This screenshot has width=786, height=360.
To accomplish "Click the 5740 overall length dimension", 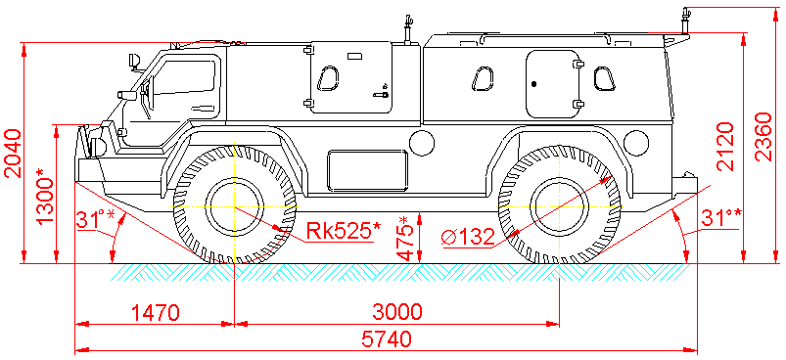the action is (x=386, y=339).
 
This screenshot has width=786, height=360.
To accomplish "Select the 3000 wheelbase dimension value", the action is (x=397, y=312).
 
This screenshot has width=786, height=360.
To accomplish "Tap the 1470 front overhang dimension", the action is (x=155, y=312).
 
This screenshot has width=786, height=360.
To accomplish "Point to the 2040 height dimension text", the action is (x=13, y=154).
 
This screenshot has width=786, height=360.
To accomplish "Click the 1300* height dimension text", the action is (x=46, y=197).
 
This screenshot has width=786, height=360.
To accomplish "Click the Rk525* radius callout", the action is (x=344, y=231).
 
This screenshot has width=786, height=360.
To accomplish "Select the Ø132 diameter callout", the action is (x=468, y=237).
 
